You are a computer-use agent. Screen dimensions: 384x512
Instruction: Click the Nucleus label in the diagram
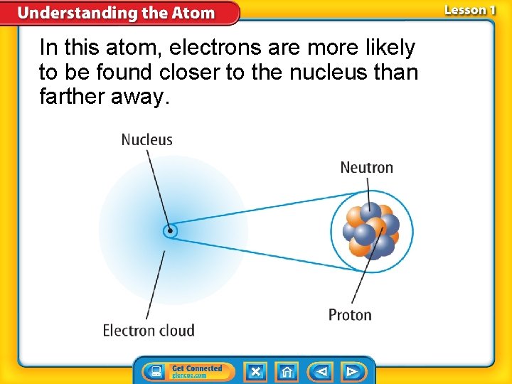click(146, 140)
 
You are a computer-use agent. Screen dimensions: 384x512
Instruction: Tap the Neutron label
click(366, 168)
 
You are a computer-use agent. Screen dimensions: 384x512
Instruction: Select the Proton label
click(350, 314)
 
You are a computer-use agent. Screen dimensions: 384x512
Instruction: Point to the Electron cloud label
click(149, 330)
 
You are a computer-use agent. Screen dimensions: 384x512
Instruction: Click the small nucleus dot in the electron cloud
click(170, 230)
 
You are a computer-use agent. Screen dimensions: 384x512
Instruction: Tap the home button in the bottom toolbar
click(287, 371)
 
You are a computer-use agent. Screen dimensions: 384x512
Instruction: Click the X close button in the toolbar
click(255, 371)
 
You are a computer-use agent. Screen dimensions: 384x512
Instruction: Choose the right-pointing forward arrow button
click(351, 371)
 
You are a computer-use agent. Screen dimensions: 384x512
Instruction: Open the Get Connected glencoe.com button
click(197, 371)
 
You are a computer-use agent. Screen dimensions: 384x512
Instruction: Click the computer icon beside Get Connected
click(155, 371)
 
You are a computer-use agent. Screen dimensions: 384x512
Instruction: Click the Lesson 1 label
click(470, 11)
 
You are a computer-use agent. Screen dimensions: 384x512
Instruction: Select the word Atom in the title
click(191, 13)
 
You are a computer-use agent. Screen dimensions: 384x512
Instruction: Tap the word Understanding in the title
click(68, 13)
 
